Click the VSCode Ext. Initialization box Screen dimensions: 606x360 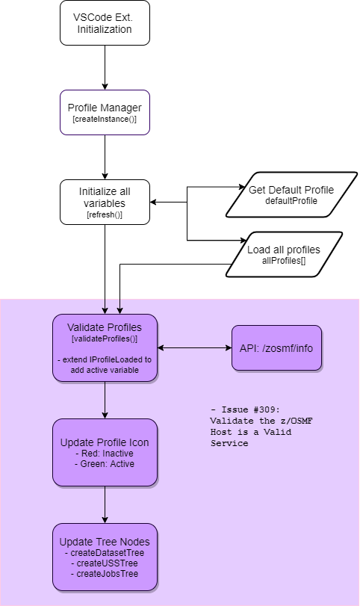coord(105,22)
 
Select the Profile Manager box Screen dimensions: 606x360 coord(105,112)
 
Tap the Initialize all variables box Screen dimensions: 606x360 coord(105,202)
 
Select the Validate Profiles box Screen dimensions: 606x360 coord(105,347)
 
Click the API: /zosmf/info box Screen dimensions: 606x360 coord(276,347)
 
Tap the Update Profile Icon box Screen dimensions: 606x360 coord(105,452)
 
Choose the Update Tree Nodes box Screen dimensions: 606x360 coord(105,556)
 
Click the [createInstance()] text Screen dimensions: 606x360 coord(105,120)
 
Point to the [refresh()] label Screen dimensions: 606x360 coord(105,215)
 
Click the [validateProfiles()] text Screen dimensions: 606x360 coord(105,339)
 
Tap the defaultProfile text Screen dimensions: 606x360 coord(291,201)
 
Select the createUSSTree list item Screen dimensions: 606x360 coord(105,563)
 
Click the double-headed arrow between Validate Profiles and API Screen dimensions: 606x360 coord(194,347)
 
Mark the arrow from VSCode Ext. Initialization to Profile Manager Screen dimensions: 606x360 coord(105,67)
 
